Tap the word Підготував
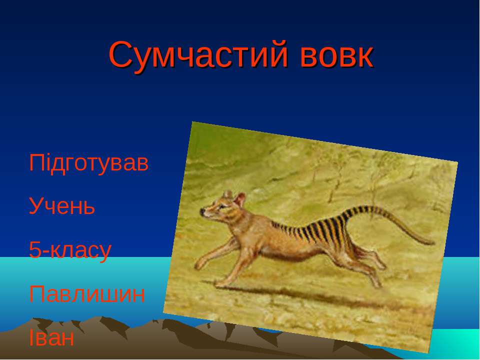click(89, 163)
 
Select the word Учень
click(62, 206)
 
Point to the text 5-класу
click(70, 250)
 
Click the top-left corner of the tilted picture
click(192, 122)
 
